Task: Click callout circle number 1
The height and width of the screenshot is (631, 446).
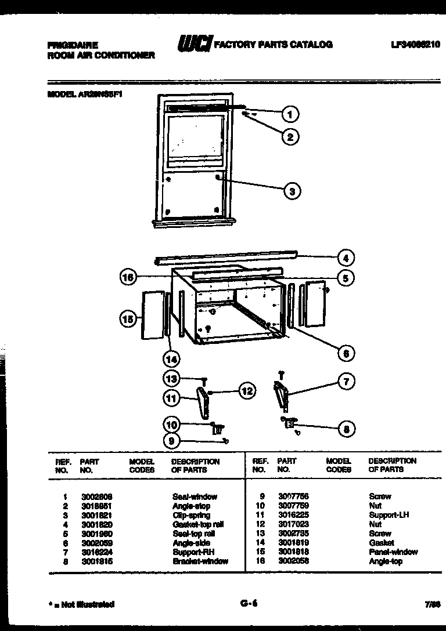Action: click(x=291, y=114)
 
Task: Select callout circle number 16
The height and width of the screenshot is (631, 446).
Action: click(x=128, y=278)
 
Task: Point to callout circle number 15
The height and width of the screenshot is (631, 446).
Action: click(x=128, y=318)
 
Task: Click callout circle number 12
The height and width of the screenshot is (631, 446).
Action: click(x=247, y=391)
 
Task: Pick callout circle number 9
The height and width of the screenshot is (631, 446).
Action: click(x=172, y=441)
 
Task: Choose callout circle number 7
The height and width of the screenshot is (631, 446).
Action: click(x=347, y=382)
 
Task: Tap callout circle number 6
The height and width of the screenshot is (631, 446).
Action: click(x=347, y=353)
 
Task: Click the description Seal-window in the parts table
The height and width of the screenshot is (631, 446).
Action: click(x=195, y=496)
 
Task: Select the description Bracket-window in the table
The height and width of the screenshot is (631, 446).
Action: click(x=200, y=561)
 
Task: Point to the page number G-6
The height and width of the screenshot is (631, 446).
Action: click(x=249, y=604)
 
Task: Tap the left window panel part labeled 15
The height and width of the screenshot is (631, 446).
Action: click(x=152, y=315)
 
